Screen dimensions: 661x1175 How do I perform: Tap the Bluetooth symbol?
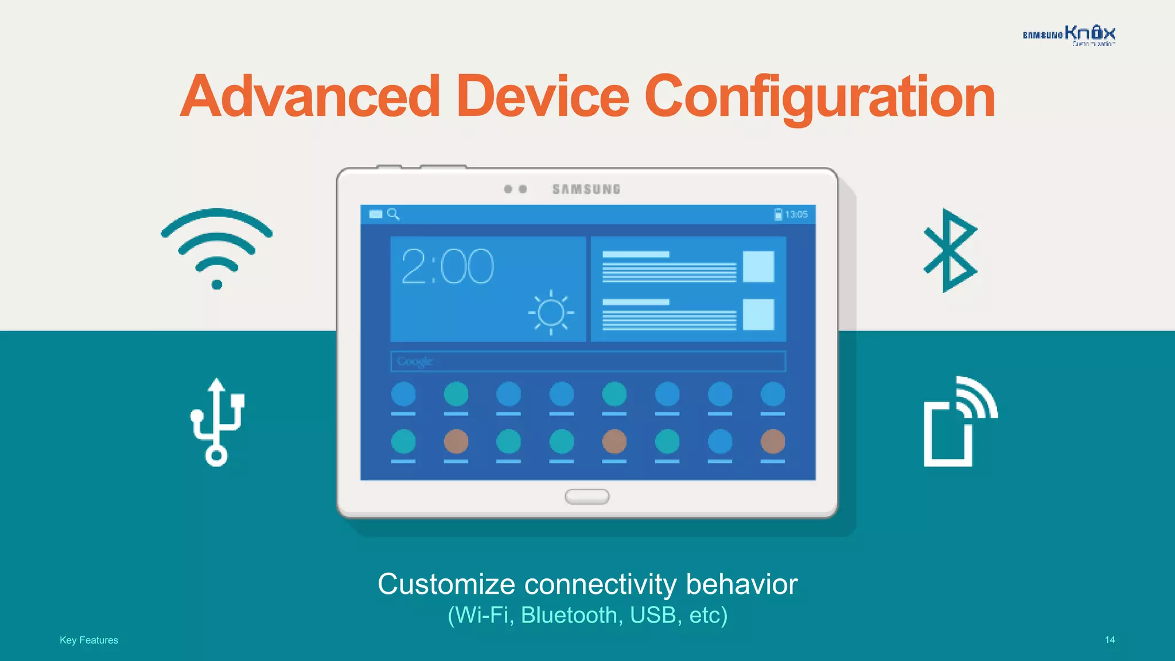coord(950,251)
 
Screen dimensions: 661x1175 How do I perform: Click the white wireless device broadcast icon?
coord(959,422)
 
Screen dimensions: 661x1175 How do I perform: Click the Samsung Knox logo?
coord(1069,35)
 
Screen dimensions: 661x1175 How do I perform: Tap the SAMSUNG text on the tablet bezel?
coord(586,189)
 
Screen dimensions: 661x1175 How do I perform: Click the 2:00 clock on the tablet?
coord(447,267)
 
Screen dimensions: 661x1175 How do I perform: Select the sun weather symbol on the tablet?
coord(551,313)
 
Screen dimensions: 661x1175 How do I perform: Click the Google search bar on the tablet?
coord(587,361)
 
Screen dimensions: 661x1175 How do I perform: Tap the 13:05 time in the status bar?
coord(796,215)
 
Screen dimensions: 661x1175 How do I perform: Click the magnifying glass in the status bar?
coord(393,214)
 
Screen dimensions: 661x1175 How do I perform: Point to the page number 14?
coord(1110,640)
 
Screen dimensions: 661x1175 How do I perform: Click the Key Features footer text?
coord(89,640)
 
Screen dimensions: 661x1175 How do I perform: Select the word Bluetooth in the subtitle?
coord(569,615)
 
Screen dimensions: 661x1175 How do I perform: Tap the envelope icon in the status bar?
coord(376,214)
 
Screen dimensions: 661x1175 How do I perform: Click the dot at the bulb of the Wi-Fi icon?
coord(217,285)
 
